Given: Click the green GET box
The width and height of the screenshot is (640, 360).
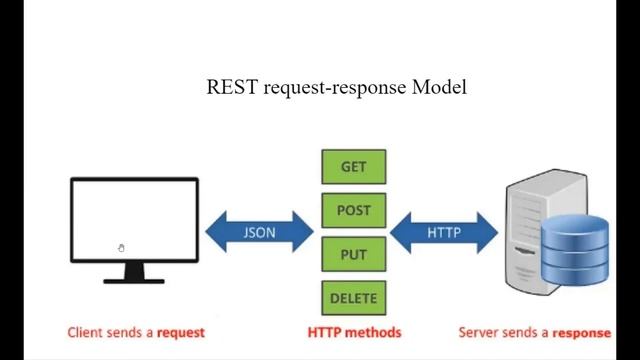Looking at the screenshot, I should pyautogui.click(x=353, y=167).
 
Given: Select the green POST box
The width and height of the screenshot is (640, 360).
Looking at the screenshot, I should pyautogui.click(x=353, y=211).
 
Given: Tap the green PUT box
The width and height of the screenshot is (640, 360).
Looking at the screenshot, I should pyautogui.click(x=353, y=254).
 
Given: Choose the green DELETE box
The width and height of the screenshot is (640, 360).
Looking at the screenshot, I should pyautogui.click(x=353, y=297).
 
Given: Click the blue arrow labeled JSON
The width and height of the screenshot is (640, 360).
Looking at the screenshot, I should pyautogui.click(x=259, y=233).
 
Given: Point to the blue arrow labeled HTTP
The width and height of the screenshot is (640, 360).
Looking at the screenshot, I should pyautogui.click(x=443, y=233).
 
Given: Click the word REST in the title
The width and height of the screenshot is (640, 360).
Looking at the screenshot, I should pyautogui.click(x=232, y=87).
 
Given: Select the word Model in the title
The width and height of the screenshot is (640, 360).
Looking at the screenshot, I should pyautogui.click(x=439, y=87).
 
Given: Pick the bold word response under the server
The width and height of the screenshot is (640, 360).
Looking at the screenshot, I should pyautogui.click(x=582, y=332).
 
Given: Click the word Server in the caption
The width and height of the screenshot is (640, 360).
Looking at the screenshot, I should pyautogui.click(x=479, y=332).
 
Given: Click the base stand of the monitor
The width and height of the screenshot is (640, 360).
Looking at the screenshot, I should pyautogui.click(x=134, y=278).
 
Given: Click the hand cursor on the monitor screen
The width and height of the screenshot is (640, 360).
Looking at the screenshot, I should pyautogui.click(x=121, y=248).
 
